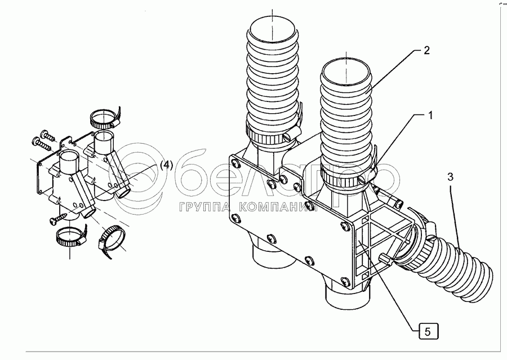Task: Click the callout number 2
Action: [x=426, y=50]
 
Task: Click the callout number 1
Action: [x=430, y=116]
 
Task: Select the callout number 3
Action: [x=450, y=177]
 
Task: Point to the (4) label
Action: [x=166, y=165]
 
